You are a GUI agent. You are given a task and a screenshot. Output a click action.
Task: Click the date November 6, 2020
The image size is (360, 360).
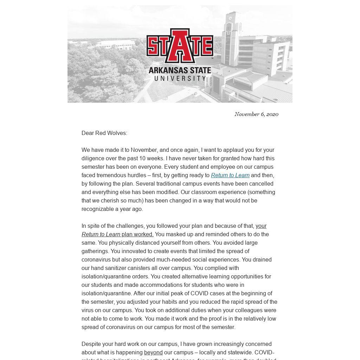pos(256,114)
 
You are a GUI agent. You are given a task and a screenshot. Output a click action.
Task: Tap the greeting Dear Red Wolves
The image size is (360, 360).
pos(104,133)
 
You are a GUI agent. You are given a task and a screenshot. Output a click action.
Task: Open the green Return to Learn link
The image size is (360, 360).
pos(230,175)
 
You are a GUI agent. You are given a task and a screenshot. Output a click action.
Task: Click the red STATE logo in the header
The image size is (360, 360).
pos(180,46)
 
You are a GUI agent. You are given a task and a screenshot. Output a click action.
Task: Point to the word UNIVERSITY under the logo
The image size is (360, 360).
pos(180,78)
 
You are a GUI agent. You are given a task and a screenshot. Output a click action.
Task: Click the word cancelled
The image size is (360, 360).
pos(261,184)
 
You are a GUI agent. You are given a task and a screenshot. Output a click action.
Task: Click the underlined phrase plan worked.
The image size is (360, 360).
pos(137,234)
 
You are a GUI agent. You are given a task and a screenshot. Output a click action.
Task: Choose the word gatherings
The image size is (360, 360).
pos(95,251)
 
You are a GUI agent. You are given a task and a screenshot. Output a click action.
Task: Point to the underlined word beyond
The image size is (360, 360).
pos(153,352)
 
